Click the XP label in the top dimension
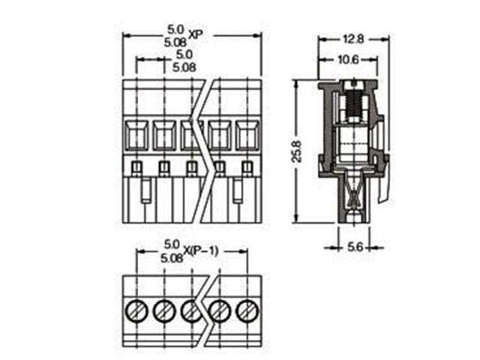[x=196, y=34]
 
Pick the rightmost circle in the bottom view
[x=246, y=309]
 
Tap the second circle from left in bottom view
[x=163, y=309]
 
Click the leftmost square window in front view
[x=136, y=136]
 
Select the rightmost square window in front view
[x=246, y=136]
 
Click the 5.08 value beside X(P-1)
[x=172, y=257]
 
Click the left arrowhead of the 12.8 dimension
[x=320, y=39]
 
